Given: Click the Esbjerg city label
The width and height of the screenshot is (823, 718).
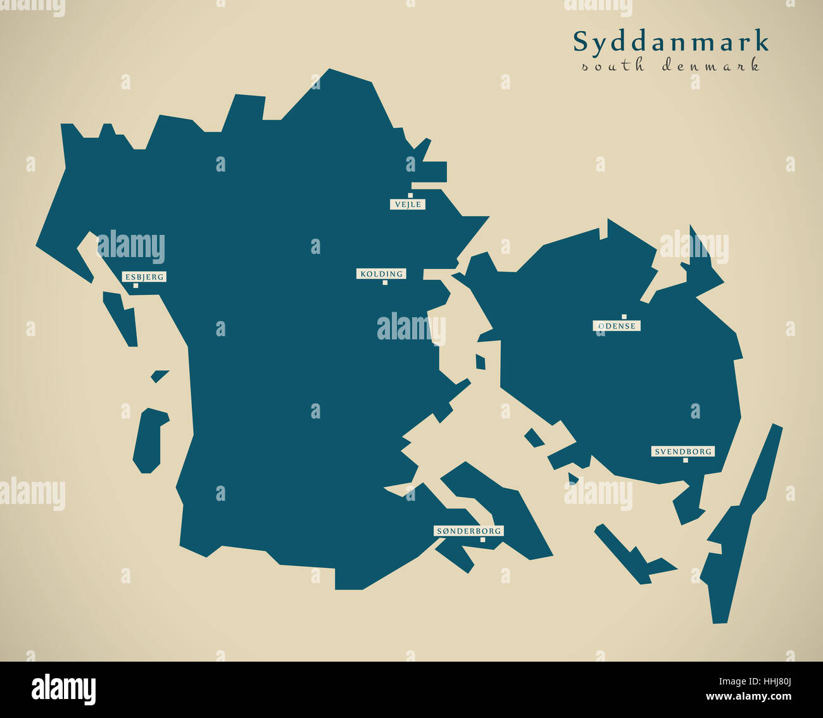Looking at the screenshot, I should [x=144, y=277].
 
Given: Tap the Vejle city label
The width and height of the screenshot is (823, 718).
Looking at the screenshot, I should [x=407, y=205].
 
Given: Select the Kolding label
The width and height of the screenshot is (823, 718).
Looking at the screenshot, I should [x=381, y=274].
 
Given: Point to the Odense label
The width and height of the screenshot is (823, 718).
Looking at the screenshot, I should [x=617, y=326].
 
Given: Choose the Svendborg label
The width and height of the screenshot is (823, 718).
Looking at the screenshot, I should [x=683, y=451].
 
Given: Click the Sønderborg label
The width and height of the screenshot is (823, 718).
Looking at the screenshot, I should [x=468, y=531].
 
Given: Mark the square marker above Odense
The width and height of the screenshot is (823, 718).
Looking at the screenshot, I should [x=624, y=317].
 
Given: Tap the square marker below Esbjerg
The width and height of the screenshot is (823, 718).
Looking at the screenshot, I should [x=135, y=286].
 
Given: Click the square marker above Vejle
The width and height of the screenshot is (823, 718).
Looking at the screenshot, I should [x=410, y=196].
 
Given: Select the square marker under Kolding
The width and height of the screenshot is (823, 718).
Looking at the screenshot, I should [x=385, y=283].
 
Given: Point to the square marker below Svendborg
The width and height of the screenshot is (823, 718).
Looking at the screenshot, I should [x=686, y=460].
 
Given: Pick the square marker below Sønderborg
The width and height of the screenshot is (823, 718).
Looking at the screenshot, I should [x=482, y=540].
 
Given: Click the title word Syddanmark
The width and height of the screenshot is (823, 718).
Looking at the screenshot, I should [x=671, y=42].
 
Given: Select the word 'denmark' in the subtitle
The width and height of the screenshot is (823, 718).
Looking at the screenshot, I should [x=710, y=65].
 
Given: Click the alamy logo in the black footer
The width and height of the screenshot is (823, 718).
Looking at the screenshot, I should [x=63, y=689].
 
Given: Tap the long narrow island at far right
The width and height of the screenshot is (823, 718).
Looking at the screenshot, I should [x=741, y=526].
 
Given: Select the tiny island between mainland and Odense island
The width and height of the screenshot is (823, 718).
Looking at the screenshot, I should [x=481, y=362].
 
